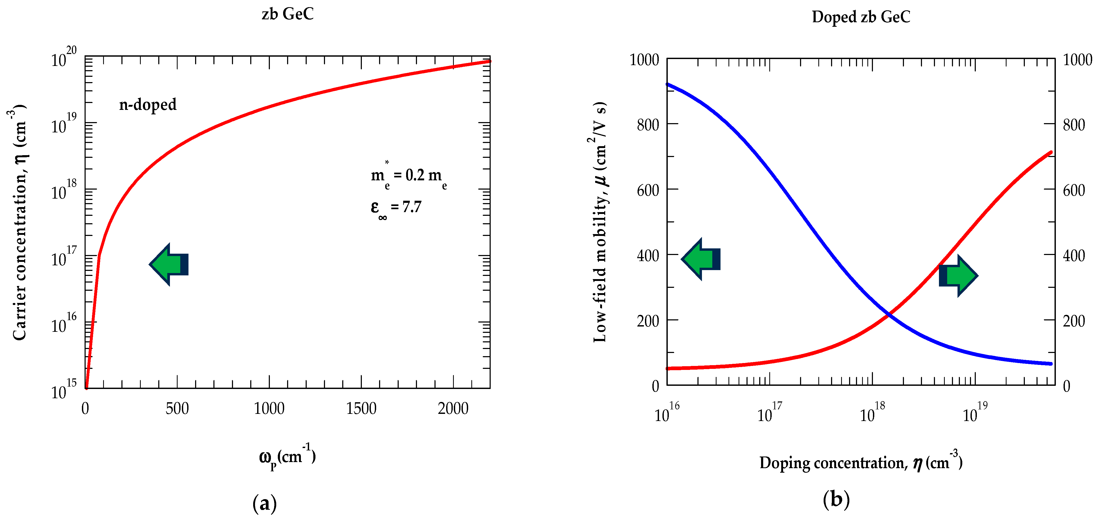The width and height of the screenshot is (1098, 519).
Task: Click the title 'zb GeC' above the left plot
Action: [288, 14]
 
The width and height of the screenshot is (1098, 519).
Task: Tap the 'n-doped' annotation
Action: [147, 104]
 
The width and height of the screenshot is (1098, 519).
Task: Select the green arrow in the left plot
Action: [169, 264]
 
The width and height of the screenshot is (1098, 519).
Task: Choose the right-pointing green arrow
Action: [958, 275]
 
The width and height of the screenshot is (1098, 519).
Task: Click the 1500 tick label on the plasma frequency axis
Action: [361, 409]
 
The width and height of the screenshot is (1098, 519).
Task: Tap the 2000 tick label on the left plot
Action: [453, 409]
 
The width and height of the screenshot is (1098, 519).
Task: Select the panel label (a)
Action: [265, 504]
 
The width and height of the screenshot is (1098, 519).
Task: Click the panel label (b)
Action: [836, 499]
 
